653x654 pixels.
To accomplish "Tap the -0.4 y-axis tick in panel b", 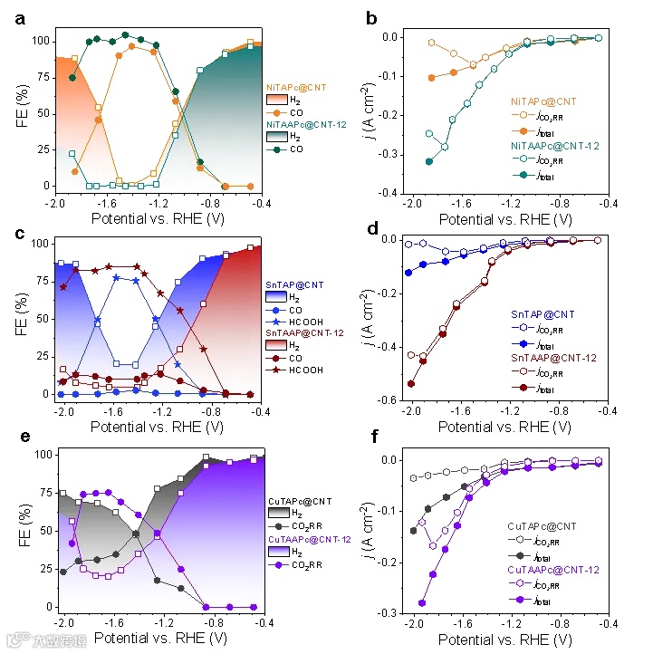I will point(390,194).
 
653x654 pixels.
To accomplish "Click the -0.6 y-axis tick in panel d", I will point(390,400).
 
